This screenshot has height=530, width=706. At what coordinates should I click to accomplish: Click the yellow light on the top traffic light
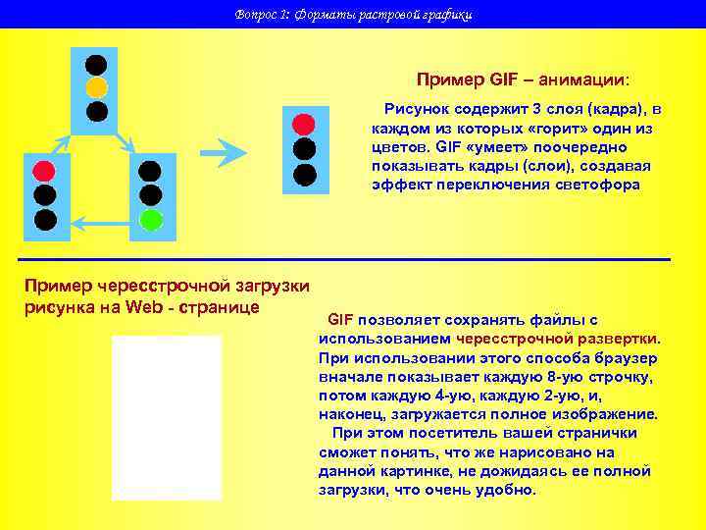click(96, 88)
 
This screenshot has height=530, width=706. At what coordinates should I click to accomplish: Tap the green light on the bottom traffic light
click(150, 219)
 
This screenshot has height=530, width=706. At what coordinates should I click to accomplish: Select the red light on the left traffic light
click(44, 171)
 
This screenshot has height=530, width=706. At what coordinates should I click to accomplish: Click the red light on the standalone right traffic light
click(305, 125)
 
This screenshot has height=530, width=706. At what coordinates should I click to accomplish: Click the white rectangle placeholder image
click(167, 417)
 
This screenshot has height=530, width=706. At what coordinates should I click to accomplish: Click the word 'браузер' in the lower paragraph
click(617, 357)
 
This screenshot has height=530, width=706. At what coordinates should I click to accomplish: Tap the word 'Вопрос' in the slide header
click(256, 15)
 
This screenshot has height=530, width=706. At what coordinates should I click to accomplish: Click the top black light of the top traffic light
click(96, 65)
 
